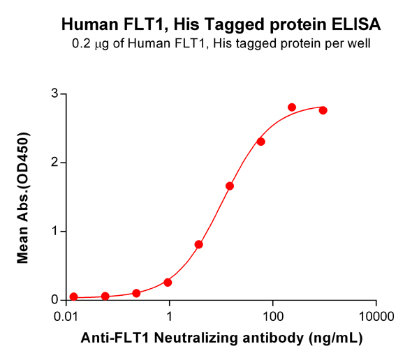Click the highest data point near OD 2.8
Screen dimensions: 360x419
point(292,107)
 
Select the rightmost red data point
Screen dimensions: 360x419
point(323,111)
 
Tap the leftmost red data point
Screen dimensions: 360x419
point(74,297)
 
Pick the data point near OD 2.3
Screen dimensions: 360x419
point(261,142)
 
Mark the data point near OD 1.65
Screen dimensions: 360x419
point(230,186)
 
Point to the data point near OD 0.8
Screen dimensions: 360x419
point(199,245)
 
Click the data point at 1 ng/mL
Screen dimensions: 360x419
point(168,282)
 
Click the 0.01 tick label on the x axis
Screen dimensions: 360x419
point(66,316)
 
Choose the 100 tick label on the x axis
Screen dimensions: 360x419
point(273,316)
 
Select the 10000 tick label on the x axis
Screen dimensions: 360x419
point(376,316)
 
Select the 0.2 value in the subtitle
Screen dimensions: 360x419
point(82,44)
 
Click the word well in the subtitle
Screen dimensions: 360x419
point(358,44)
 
